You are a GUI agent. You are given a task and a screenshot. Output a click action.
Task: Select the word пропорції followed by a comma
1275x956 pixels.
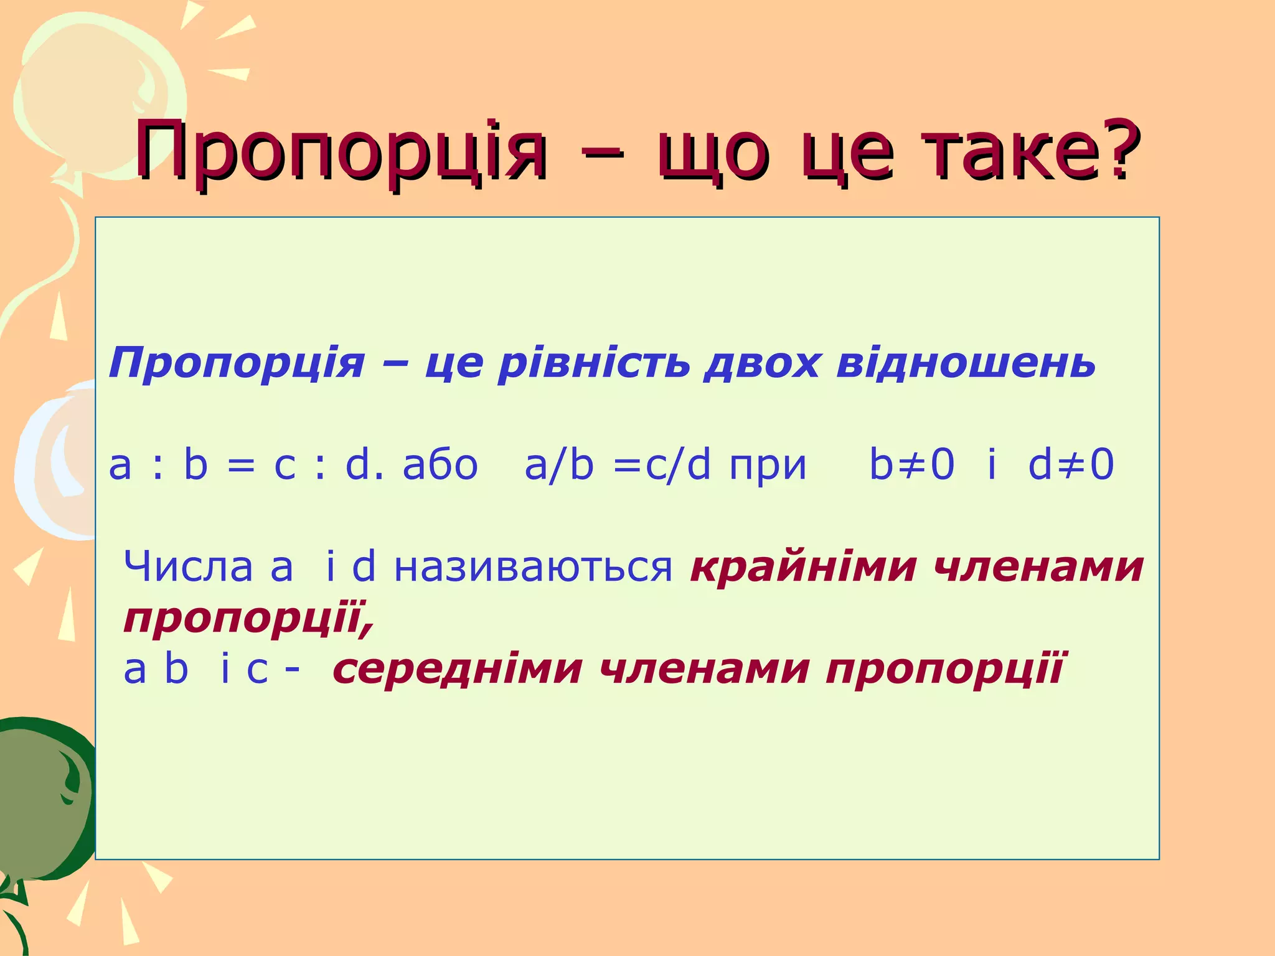(249, 619)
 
